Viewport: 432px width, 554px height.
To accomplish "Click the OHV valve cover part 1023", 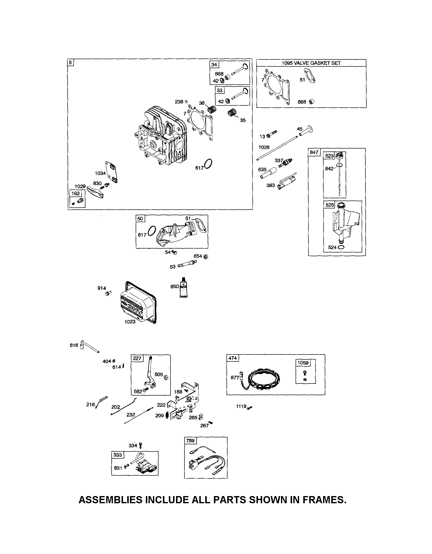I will [x=138, y=303].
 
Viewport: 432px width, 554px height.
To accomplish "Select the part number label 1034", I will [x=100, y=173].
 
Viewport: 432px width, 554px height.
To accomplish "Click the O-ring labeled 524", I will [x=341, y=247].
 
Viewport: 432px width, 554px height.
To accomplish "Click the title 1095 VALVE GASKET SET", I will [x=311, y=63].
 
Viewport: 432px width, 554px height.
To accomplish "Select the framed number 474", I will [x=232, y=358].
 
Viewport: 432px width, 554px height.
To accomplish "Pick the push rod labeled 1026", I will [x=277, y=148].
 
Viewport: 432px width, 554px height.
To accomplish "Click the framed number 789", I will [x=190, y=441].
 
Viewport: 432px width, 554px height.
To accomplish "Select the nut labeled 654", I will [x=206, y=256].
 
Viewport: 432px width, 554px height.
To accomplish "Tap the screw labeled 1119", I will [x=250, y=407].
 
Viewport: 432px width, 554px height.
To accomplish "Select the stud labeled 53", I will [x=187, y=264].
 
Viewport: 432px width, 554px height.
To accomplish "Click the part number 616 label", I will [x=74, y=345].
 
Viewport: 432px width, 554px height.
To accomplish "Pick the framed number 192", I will [x=76, y=193].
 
